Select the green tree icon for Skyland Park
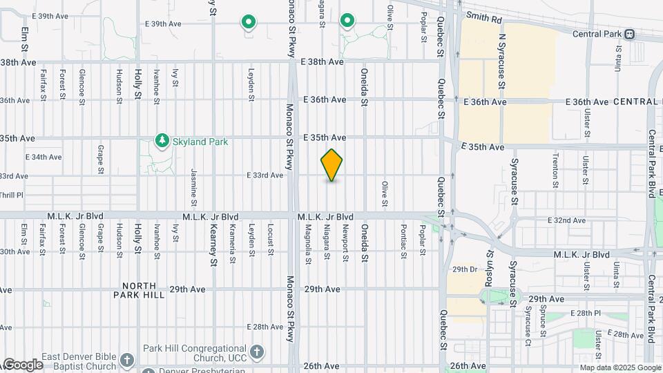[x=162, y=141]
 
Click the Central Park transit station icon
[x=629, y=33]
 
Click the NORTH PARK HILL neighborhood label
[x=144, y=290]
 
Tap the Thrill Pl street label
[x=11, y=195]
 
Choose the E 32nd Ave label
[x=566, y=220]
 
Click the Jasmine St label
[x=195, y=182]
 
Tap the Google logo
[x=22, y=364]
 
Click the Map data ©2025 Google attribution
[x=619, y=367]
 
